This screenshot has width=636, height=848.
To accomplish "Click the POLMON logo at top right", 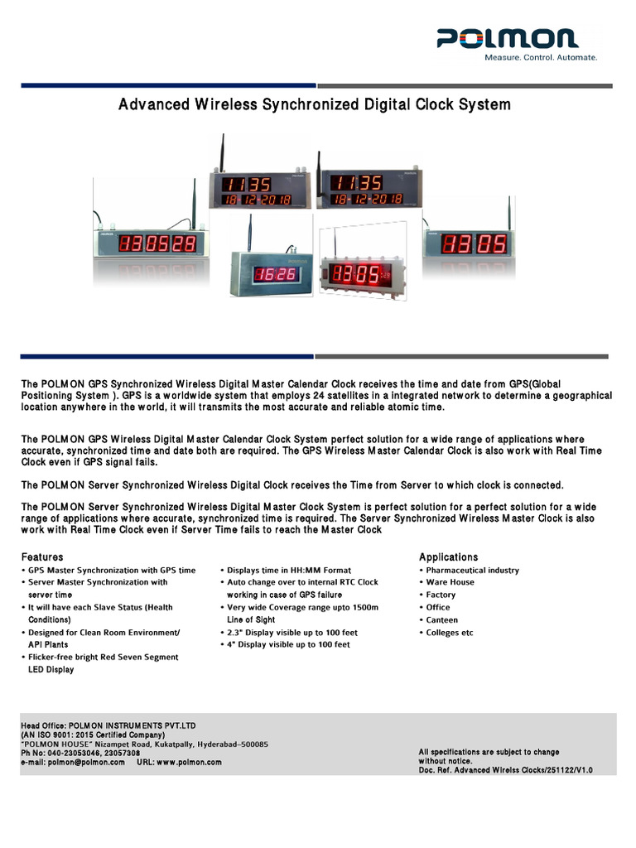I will coord(508,38).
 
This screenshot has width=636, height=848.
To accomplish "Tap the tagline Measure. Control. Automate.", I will coord(540,57).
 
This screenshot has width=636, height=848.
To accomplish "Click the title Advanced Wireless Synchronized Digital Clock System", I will coord(315,105).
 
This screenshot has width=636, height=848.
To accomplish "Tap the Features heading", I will coord(41,557).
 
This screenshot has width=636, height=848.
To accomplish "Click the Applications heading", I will coord(448,557).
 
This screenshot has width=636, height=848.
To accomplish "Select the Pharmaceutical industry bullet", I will coord(472,571).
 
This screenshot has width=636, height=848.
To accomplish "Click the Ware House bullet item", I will coord(450,583).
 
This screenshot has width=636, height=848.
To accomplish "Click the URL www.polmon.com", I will coord(189,762).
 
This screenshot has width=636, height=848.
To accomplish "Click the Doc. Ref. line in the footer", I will coord(505,770).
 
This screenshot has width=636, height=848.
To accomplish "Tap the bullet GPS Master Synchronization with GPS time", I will coord(112,571).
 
